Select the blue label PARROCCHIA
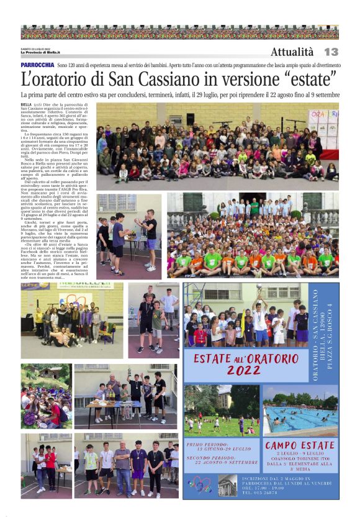point(37,65)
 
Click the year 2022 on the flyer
point(244,370)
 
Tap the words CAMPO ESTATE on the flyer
point(299,445)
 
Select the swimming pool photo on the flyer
point(300,411)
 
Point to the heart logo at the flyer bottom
point(200,484)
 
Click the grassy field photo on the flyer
point(221,411)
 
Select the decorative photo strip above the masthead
point(179,32)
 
